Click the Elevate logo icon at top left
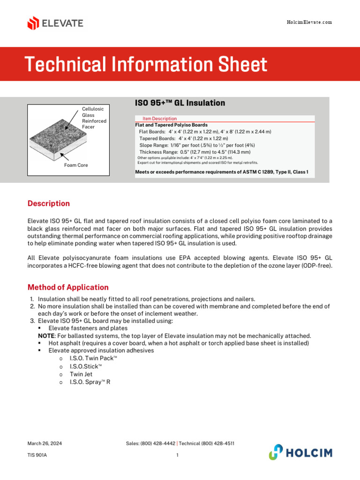tap(33, 23)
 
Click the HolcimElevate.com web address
tap(309, 22)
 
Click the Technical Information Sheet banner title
tap(146, 64)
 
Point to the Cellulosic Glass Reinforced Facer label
tap(94, 118)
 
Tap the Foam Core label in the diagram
tap(76, 165)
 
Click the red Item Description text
tap(159, 119)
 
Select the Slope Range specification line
tap(197, 145)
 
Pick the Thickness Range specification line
tap(195, 152)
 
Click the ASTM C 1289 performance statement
tap(222, 172)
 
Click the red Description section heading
tap(49, 203)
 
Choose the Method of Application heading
tap(68, 287)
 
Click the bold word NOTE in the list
tap(45, 336)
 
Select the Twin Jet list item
tap(81, 374)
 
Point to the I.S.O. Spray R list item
tap(90, 382)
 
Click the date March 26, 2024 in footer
tap(45, 443)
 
